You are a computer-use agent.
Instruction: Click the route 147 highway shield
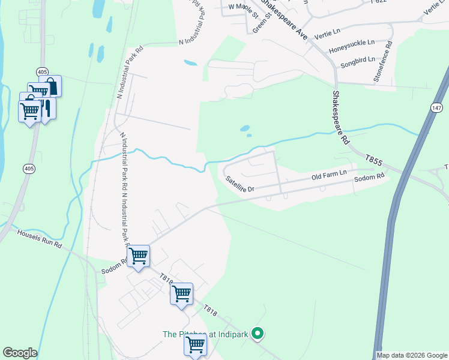pos(436,107)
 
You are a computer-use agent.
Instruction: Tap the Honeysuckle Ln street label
pos(354,43)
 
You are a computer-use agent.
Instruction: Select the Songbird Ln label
pos(358,59)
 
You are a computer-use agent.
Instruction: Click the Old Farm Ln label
pos(329,175)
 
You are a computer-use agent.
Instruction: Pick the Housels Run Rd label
pos(40,239)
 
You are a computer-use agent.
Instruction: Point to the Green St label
pos(262,22)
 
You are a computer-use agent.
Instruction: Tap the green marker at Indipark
pos(258,332)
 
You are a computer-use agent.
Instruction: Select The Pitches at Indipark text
pos(205,334)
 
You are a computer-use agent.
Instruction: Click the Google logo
pos(20,353)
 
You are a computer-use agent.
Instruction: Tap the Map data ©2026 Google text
pos(412,355)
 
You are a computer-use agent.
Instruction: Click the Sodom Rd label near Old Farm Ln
pos(369,178)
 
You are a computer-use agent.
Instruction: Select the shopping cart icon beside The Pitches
pos(195,345)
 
